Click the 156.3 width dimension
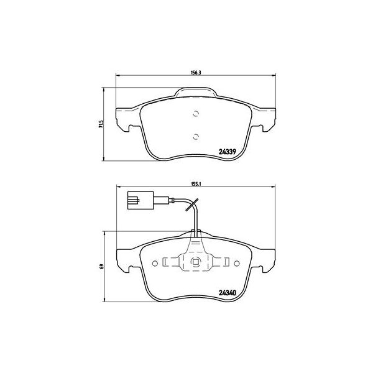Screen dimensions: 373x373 [195, 73]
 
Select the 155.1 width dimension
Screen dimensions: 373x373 [195, 185]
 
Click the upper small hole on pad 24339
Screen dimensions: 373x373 [195, 113]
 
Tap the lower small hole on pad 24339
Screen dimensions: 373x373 [195, 137]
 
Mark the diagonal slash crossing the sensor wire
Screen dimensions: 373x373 [195, 205]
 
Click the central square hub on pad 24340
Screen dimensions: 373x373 [195, 261]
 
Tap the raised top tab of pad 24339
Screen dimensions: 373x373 [195, 93]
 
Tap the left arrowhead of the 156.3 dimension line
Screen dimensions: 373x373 [118, 76]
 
